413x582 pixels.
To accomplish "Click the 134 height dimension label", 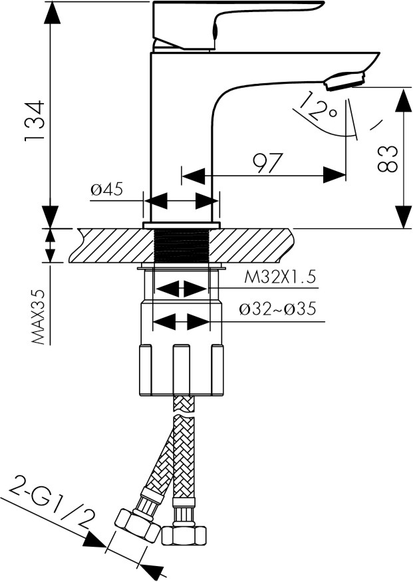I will (x=34, y=120).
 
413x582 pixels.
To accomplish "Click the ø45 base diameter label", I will (x=107, y=190).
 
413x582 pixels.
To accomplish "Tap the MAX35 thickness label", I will (x=42, y=315).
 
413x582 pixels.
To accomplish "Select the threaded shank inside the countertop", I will (x=181, y=245).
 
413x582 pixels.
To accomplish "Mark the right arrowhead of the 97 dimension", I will (x=336, y=176).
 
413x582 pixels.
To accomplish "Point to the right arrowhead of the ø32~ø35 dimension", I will (x=199, y=322).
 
